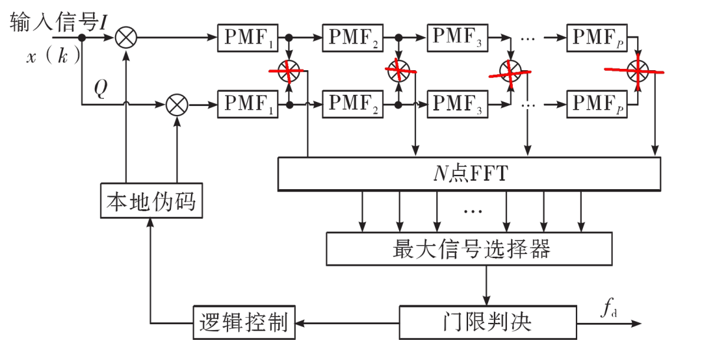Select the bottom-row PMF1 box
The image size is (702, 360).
pos(249,103)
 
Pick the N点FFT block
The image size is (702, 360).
pos(469,174)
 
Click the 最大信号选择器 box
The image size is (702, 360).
pos(469,249)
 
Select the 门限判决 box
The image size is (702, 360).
pos(487,322)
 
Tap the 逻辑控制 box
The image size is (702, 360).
pos(244,322)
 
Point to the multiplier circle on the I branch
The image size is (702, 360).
pos(126,37)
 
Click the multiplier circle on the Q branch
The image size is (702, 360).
pos(177,104)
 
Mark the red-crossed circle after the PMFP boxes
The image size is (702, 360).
pos(638,70)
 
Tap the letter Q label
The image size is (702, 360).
pos(99,88)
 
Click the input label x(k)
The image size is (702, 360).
pos(53,57)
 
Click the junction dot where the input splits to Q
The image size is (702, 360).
pos(82,37)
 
